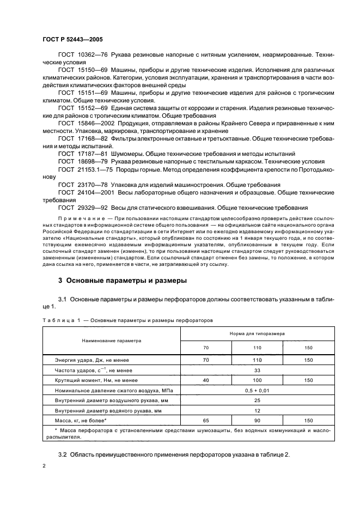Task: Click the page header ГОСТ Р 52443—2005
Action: pos(72,40)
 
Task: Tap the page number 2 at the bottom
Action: pos(44,466)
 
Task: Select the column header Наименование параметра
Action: pos(111,340)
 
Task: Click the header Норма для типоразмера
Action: pos(258,332)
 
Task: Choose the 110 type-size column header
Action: pos(258,348)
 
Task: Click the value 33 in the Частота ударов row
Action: pos(258,371)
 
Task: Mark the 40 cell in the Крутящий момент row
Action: pos(206,380)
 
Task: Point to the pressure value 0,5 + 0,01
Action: pos(258,390)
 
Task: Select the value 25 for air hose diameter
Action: pos(258,400)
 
